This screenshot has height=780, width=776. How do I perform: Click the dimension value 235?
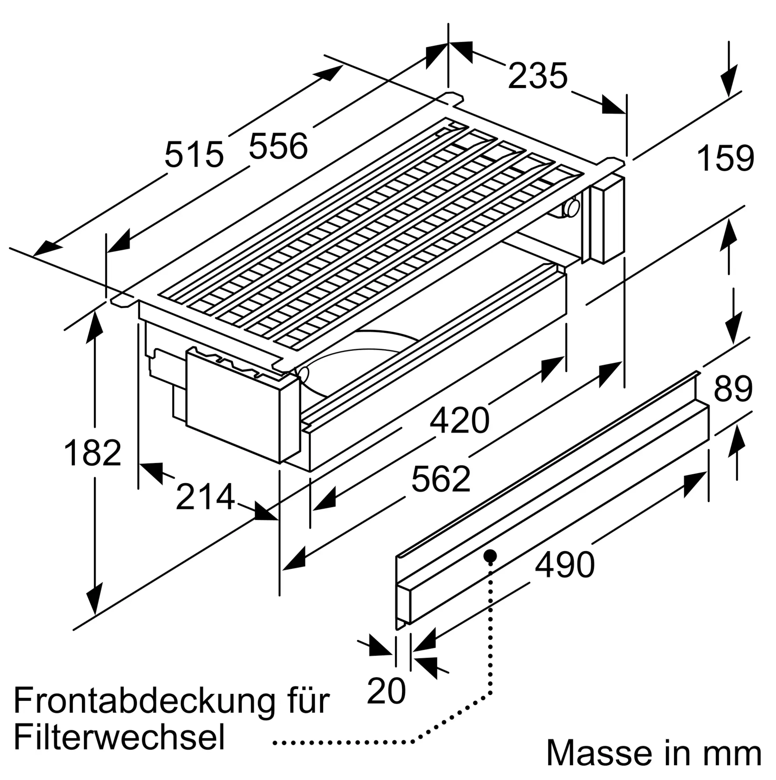click(537, 76)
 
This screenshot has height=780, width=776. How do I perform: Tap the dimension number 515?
click(194, 154)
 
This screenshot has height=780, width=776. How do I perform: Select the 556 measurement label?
click(278, 146)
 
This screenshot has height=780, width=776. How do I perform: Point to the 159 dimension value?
click(725, 158)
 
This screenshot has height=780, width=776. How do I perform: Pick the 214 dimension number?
click(205, 497)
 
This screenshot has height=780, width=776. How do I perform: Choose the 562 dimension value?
click(441, 479)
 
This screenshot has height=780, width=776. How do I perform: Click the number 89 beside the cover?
click(733, 389)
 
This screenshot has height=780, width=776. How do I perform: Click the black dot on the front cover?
click(490, 555)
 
